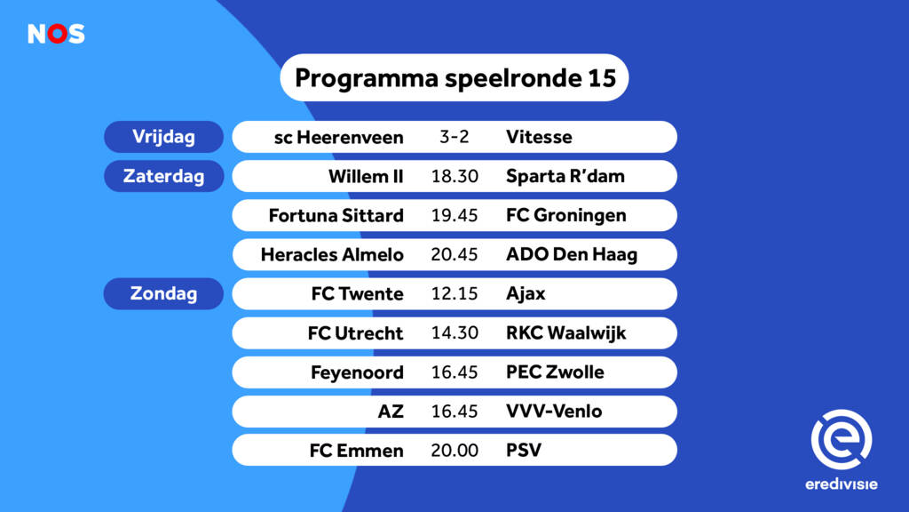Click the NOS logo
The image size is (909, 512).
(x=56, y=34)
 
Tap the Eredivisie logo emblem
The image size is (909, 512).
(x=842, y=439)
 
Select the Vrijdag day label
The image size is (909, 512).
(x=163, y=137)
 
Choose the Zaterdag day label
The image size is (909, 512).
(x=163, y=176)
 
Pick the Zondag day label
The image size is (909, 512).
(x=163, y=293)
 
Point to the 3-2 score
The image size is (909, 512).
(x=454, y=136)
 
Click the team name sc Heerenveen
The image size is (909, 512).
(x=338, y=138)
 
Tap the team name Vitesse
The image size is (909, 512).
(x=539, y=137)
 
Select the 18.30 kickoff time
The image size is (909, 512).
(x=454, y=176)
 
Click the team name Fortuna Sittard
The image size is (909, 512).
(x=336, y=215)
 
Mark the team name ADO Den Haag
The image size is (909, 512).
(x=572, y=254)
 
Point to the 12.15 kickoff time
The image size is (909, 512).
(x=454, y=293)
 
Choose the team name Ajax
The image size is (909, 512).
(x=526, y=293)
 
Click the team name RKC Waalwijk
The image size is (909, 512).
(x=565, y=333)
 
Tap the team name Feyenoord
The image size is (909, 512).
(x=357, y=372)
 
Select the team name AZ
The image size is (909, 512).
(x=391, y=412)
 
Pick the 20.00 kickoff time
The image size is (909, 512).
(x=454, y=451)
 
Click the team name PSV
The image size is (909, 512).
(x=524, y=451)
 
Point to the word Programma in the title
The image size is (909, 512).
(x=367, y=79)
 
